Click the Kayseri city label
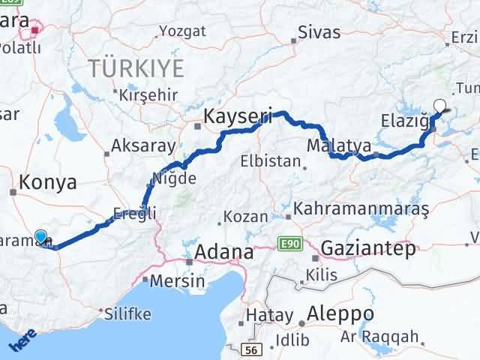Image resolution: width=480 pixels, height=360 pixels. (238, 117)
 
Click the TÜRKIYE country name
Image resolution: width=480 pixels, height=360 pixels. (136, 70)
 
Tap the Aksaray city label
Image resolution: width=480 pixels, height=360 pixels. (143, 146)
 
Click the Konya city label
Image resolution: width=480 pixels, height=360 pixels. (48, 182)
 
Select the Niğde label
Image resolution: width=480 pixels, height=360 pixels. (173, 178)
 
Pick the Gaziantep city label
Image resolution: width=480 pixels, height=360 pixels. (367, 249)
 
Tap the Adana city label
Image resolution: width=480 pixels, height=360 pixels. (223, 253)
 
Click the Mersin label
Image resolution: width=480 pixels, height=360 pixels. (178, 281)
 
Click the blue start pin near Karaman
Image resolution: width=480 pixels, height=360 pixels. (41, 238)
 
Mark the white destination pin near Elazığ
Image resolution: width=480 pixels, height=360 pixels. (440, 107)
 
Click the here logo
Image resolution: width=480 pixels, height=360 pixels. (22, 341)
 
